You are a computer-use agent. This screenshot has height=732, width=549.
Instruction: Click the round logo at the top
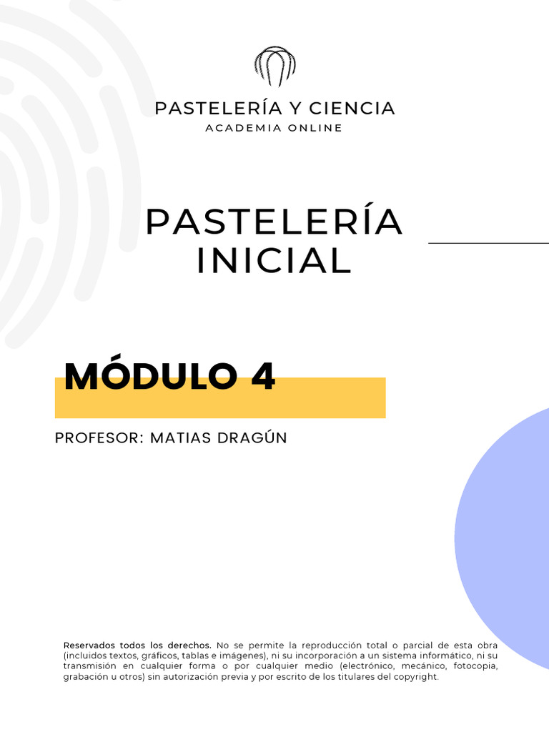tap(274, 66)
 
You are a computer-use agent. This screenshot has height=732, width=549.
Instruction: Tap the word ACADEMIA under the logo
tap(239, 128)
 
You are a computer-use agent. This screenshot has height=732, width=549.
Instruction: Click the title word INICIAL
tap(274, 261)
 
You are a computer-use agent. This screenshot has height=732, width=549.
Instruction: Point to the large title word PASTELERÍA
tap(274, 222)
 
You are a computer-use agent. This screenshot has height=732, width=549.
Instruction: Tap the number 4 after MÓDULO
tap(263, 377)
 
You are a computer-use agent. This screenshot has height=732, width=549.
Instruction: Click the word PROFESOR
tap(98, 437)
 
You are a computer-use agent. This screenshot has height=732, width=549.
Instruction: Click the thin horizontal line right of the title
tap(488, 243)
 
